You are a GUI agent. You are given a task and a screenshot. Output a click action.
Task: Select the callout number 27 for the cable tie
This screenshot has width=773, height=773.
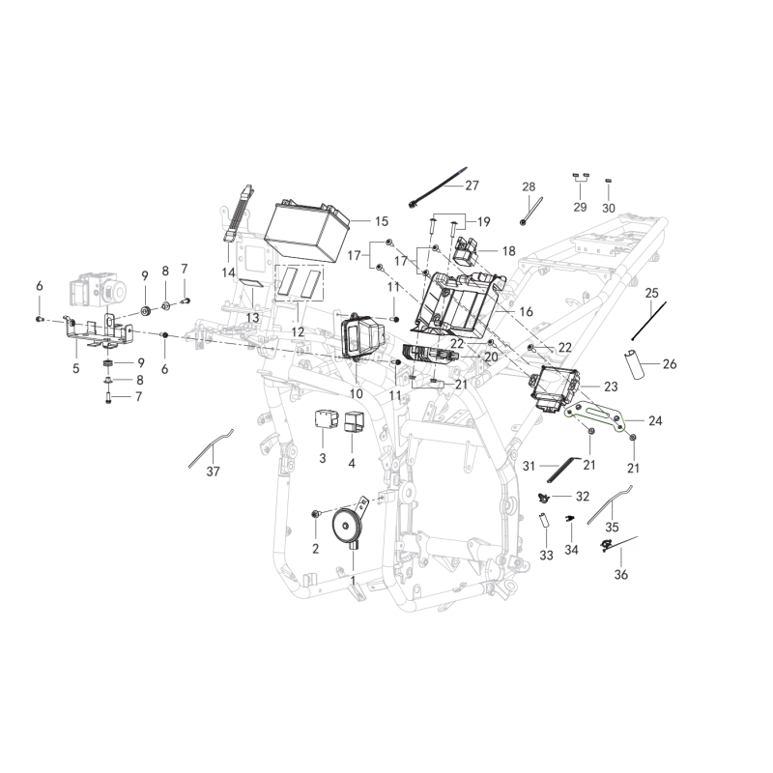472,185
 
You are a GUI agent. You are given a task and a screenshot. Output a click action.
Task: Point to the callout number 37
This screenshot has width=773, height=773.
214,472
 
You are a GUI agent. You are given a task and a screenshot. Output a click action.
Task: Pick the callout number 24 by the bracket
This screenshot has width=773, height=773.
656,421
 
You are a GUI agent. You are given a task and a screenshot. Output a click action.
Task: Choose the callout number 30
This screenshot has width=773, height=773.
609,208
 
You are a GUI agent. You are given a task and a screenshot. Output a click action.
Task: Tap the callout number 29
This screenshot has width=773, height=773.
580,208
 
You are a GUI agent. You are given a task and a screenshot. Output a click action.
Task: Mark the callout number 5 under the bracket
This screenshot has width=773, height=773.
76,368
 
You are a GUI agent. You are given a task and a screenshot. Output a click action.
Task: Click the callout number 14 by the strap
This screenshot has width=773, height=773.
228,273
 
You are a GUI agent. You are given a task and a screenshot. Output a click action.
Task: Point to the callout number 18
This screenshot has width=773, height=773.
508,250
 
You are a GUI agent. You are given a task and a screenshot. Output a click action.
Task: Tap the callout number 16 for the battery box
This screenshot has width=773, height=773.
526,312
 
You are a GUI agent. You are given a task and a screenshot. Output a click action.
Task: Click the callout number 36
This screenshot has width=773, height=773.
620,575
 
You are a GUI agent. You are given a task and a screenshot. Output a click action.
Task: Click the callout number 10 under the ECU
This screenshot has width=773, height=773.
356,394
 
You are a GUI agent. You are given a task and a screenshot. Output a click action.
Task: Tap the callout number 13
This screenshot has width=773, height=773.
251,317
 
